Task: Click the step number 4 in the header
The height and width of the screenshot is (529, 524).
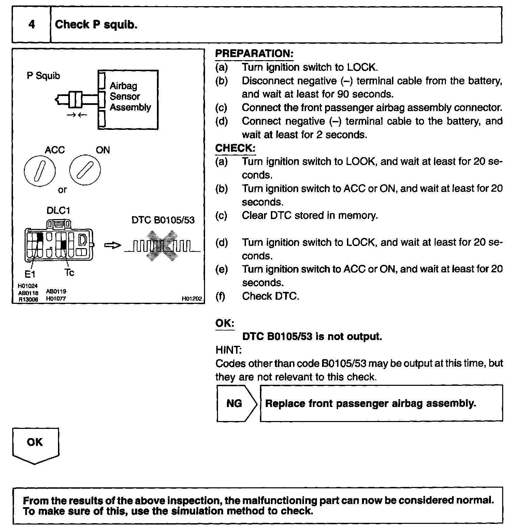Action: (x=31, y=25)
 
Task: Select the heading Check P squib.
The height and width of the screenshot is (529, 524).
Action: (x=96, y=25)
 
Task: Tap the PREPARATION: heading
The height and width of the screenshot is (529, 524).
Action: (x=254, y=54)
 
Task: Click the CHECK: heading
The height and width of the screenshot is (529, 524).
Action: (x=235, y=148)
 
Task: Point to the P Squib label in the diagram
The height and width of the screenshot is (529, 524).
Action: (x=43, y=76)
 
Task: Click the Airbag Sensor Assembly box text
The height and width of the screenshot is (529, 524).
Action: (x=130, y=96)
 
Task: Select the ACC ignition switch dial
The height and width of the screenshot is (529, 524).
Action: (x=40, y=171)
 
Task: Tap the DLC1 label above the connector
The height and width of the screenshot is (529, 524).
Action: (x=58, y=211)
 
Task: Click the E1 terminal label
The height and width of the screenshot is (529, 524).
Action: (x=30, y=274)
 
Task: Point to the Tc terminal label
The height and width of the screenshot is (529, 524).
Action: (x=69, y=273)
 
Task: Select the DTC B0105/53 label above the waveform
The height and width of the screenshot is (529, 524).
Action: (x=163, y=220)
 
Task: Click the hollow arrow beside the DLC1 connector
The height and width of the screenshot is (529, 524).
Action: (x=112, y=245)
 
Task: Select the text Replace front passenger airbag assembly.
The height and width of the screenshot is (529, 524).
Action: (x=370, y=404)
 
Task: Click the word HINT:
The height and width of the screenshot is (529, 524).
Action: (x=228, y=350)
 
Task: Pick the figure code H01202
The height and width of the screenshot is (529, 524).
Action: (x=192, y=299)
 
